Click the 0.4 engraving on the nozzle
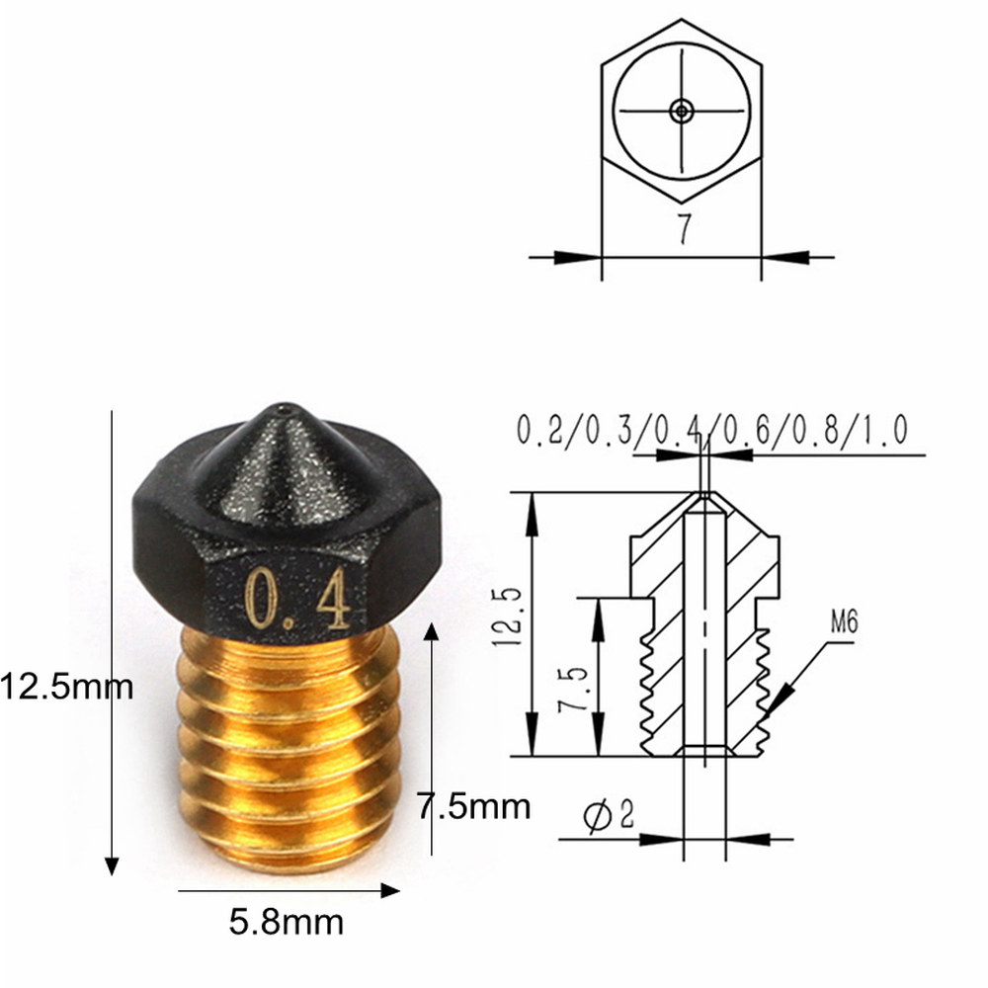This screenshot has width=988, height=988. (297, 598)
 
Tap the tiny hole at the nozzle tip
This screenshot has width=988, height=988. (286, 405)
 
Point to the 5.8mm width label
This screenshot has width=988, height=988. (287, 923)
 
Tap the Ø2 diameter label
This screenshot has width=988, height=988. (609, 815)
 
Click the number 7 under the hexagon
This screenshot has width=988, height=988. (682, 228)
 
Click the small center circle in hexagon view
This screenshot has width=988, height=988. (681, 111)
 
